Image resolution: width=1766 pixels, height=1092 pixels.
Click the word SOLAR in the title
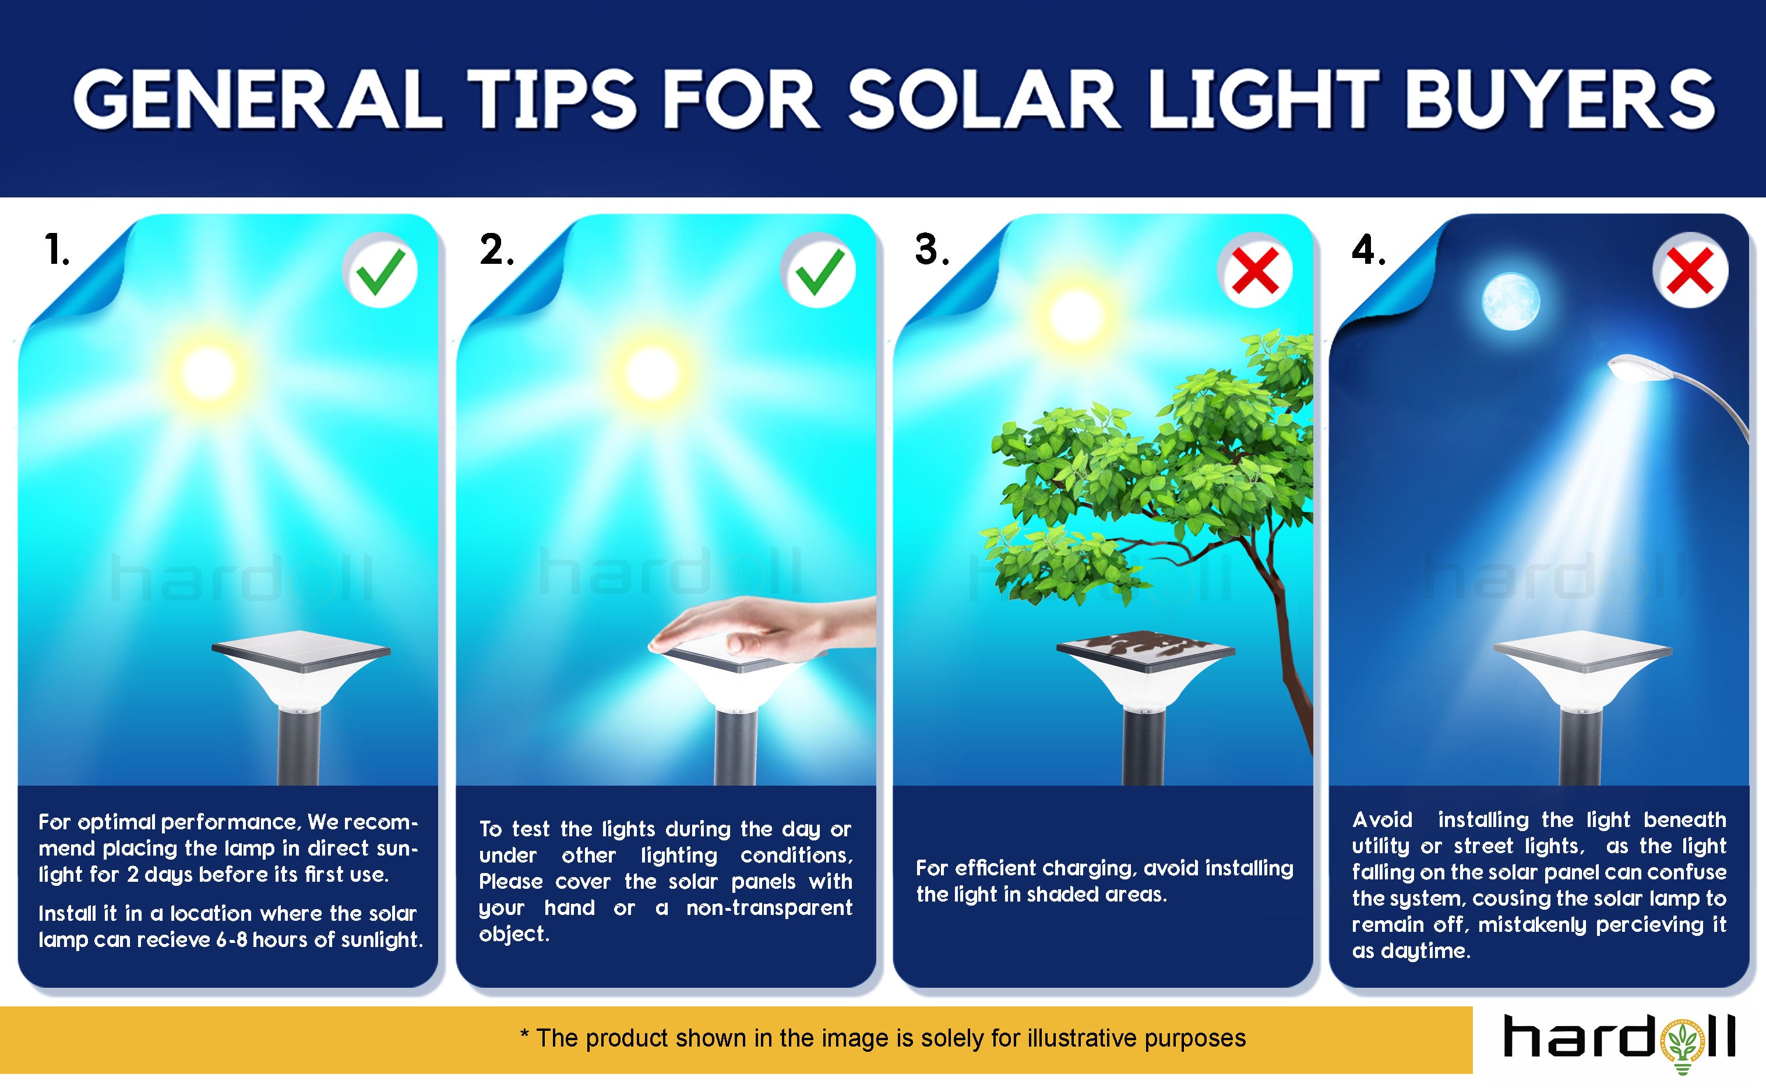984,100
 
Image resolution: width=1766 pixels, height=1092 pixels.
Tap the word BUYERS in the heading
1560,100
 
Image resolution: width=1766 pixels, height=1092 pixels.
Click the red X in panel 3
1256,270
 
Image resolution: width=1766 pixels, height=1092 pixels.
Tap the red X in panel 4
1690,270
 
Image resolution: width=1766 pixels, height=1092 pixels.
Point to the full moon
1511,301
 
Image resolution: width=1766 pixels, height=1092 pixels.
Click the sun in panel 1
209,373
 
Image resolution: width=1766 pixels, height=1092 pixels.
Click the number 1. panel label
57,250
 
